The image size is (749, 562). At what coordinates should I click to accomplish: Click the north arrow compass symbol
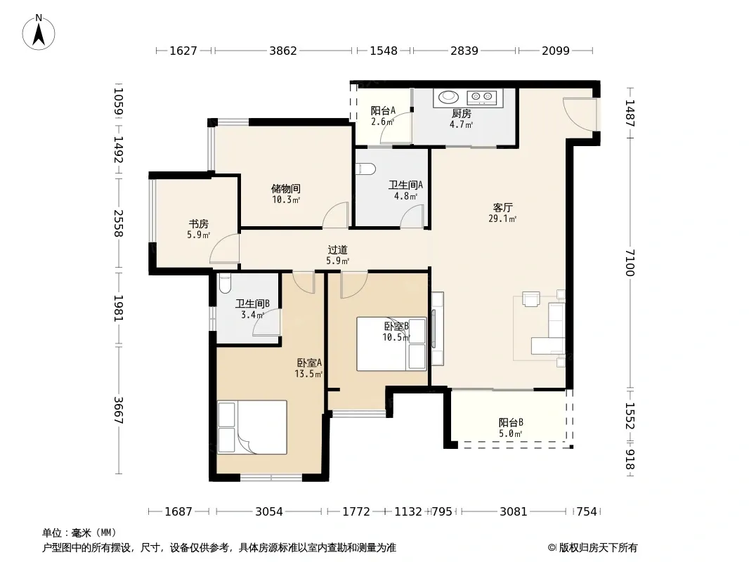[x=39, y=32]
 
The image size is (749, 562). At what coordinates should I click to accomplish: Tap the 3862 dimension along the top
[x=283, y=51]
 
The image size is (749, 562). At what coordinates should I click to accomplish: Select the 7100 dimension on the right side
[x=630, y=262]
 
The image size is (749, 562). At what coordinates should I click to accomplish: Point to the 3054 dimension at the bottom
[x=269, y=511]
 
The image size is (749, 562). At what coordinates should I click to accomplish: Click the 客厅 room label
[x=502, y=208]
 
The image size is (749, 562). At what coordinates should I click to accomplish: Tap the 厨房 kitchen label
[x=462, y=114]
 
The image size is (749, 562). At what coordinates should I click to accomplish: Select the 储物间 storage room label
[x=286, y=188]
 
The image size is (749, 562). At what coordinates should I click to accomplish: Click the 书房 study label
[x=198, y=223]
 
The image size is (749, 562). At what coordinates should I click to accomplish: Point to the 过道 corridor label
[x=338, y=249]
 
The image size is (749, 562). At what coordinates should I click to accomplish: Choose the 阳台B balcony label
[x=511, y=423]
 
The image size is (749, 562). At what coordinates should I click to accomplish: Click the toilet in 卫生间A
[x=366, y=169]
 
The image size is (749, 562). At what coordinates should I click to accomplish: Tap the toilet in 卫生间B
[x=225, y=282]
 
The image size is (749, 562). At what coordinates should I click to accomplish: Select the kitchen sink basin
[x=449, y=97]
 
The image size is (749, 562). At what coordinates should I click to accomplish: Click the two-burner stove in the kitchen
[x=481, y=98]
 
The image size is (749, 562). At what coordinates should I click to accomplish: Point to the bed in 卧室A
[x=252, y=427]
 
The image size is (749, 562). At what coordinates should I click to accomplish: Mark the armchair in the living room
[x=530, y=299]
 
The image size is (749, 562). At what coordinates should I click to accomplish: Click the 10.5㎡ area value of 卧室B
[x=396, y=338]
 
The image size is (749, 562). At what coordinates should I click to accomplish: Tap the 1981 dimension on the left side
[x=118, y=308]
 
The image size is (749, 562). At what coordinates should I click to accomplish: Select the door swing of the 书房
[x=224, y=248]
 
